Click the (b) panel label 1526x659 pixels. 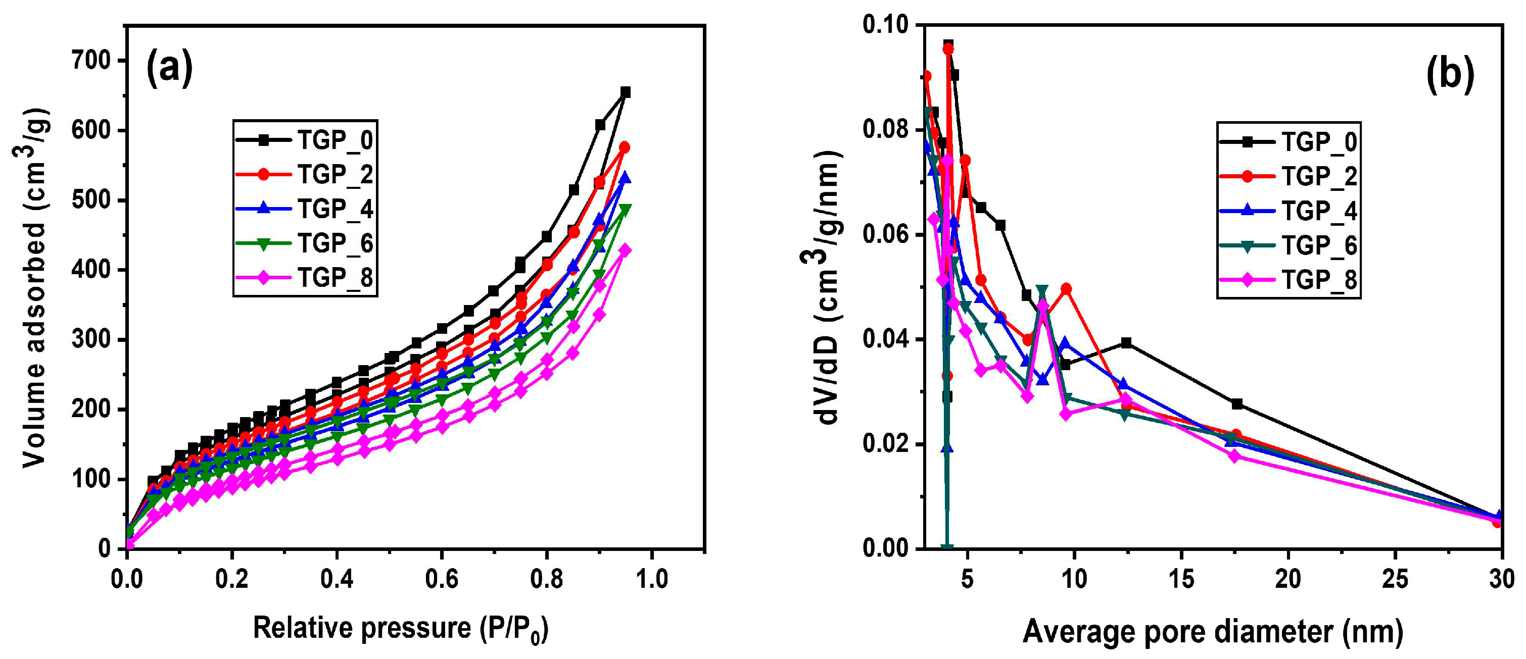[x=1450, y=75]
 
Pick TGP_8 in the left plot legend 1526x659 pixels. [x=335, y=278]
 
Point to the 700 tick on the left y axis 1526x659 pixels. [x=90, y=61]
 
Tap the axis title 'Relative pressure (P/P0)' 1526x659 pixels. [x=401, y=629]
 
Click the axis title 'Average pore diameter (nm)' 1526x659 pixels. [x=1213, y=632]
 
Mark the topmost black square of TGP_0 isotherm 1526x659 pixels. [x=625, y=92]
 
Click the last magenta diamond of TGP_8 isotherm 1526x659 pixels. [x=625, y=250]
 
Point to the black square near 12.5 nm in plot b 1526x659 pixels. [x=1127, y=343]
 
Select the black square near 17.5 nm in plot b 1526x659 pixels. [x=1237, y=404]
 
